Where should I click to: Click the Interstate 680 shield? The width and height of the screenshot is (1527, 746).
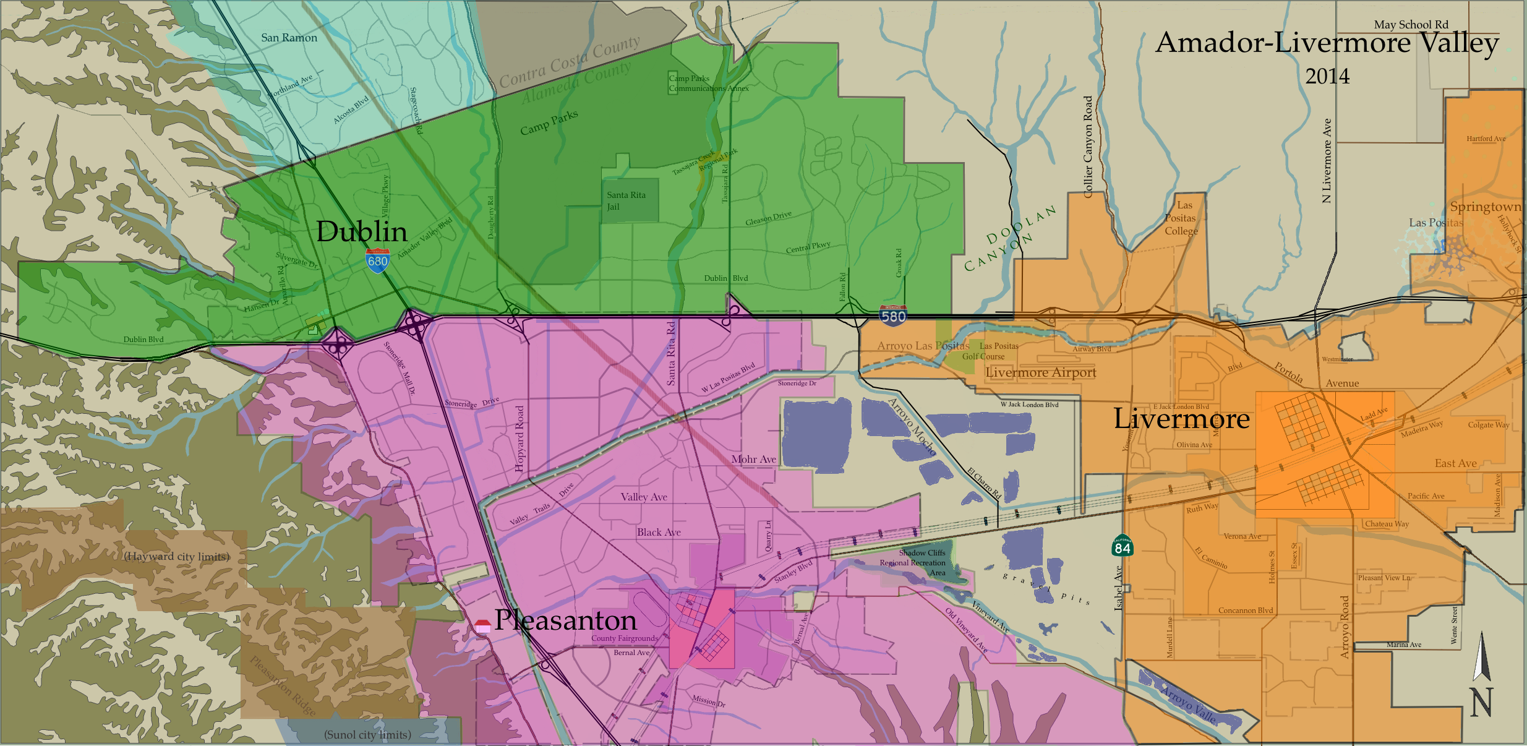(377, 260)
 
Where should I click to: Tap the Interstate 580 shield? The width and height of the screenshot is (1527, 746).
(893, 316)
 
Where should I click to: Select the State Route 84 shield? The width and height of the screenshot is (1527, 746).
(1122, 547)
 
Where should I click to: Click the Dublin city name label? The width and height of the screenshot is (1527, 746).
(362, 231)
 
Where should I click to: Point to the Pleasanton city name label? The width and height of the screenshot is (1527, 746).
(565, 620)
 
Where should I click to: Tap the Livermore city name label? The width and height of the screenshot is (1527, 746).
(1181, 419)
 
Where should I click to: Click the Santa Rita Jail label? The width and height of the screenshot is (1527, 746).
(625, 200)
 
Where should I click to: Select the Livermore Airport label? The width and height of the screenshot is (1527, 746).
(1041, 372)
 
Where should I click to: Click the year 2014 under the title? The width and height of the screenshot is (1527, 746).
(1327, 77)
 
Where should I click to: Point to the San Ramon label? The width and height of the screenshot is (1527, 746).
(289, 38)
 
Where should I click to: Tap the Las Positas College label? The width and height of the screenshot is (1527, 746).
(1181, 218)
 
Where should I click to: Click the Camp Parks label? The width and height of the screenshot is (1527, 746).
(549, 122)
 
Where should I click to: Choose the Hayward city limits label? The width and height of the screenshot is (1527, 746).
(177, 557)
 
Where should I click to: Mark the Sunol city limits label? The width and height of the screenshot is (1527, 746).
(367, 735)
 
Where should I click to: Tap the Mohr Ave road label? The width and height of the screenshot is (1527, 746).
(753, 459)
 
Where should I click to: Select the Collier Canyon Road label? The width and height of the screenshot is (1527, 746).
(1088, 147)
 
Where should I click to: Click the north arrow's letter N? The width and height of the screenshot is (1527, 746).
(1481, 703)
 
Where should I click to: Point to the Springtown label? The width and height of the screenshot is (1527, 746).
(1486, 207)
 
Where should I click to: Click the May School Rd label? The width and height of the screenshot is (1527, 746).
(1411, 25)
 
